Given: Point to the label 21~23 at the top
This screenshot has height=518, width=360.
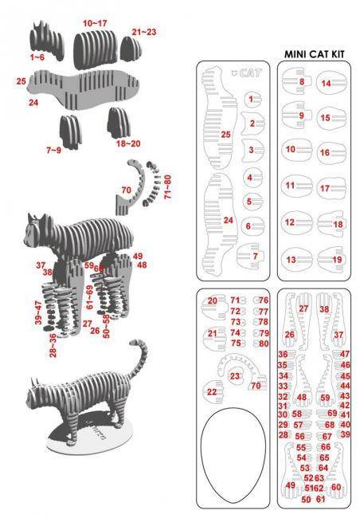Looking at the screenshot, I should click(144, 32).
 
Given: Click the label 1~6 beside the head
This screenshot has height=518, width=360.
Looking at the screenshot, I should click(37, 58).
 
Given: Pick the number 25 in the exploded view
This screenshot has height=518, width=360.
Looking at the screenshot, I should click(22, 82).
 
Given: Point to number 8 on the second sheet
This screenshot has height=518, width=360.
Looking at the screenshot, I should click(301, 81).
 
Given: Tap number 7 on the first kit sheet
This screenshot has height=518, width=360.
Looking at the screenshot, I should click(254, 257).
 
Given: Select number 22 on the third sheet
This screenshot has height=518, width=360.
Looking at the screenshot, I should click(211, 392).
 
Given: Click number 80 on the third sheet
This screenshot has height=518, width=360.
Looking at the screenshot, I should click(264, 343).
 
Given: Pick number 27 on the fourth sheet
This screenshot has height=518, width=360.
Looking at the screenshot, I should click(303, 308).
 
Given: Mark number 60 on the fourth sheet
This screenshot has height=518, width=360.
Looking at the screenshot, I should click(335, 486).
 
